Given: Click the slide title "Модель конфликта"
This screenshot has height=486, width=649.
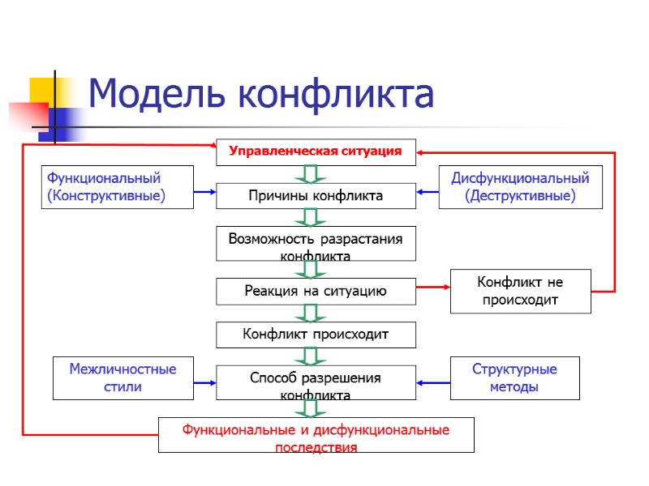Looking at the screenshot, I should coord(260,94).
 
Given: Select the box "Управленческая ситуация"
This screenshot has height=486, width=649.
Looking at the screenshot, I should coord(316,151).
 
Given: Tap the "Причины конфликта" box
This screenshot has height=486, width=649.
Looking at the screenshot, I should coord(316,195).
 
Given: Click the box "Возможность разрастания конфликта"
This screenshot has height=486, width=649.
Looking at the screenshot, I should coord(316,243).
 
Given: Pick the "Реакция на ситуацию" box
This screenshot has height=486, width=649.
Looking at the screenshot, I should coord(316,291).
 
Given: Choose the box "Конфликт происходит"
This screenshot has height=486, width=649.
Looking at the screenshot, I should coord(316,334).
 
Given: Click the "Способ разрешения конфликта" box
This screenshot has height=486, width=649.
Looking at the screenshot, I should coord(316,382).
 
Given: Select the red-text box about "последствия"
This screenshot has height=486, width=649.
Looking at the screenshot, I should coord(316,435).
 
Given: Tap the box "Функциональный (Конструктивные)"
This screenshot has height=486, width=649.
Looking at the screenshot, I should coord(117,187).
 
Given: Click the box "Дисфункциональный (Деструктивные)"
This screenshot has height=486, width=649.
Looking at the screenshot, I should coord(520,187).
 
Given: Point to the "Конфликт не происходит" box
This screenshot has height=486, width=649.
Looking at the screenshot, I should coord(520,291).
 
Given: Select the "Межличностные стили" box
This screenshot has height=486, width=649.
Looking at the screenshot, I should coord(122,378).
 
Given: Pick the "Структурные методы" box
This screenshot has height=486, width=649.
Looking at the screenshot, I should coord(514,378).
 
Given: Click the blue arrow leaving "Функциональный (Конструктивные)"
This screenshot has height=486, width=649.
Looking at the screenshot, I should coord(204,192).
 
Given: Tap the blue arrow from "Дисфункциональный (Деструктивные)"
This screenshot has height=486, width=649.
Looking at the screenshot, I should coord(428,192).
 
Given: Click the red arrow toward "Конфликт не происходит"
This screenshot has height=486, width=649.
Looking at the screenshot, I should coord(433,286).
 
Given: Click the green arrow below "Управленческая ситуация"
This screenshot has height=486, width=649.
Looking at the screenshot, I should coord(311,174).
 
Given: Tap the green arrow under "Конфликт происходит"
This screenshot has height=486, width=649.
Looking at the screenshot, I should coord(311,356).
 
